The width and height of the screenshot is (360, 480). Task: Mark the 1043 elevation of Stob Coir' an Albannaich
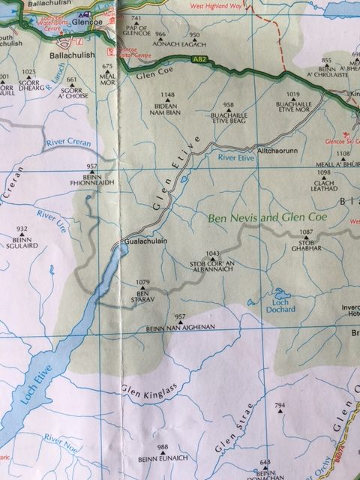(212, 254)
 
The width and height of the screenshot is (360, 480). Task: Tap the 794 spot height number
(280, 406)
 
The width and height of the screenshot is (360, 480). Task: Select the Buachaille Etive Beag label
(229, 115)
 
